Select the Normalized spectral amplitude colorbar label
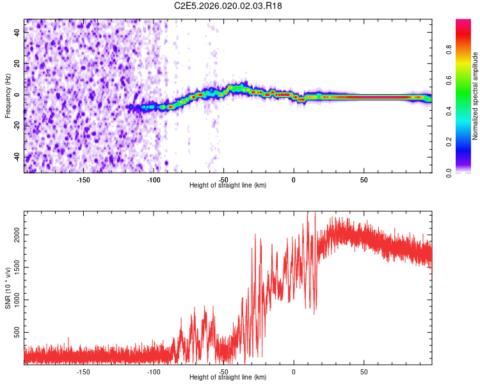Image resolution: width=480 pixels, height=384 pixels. [475, 96]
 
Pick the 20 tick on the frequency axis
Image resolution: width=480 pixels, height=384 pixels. [17, 63]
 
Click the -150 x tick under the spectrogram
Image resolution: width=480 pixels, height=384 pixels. [83, 179]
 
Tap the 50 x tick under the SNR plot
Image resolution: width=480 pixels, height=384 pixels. [364, 371]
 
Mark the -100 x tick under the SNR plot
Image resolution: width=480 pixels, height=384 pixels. [154, 371]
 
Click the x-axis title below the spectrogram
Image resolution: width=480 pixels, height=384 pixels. [228, 185]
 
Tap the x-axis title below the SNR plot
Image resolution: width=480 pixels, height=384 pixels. [228, 377]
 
